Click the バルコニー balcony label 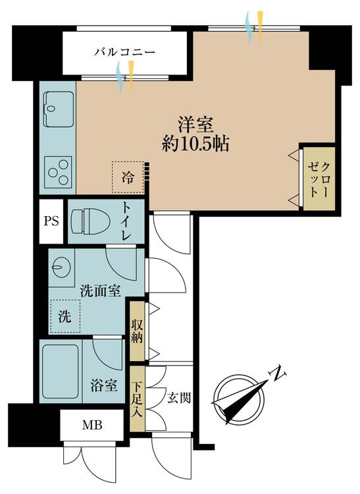click(124, 51)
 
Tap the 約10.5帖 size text click(195, 145)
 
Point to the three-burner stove click(58, 172)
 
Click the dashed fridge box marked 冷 click(128, 177)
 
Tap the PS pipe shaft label click(51, 221)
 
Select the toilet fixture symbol click(90, 221)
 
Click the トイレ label click(126, 221)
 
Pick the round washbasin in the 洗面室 click(61, 268)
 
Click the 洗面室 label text click(101, 290)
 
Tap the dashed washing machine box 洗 click(65, 316)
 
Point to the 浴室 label click(104, 385)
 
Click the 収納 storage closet click(137, 331)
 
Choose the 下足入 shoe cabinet click(137, 398)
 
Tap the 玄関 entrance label click(179, 398)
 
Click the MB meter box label click(92, 425)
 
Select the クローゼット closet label click(319, 180)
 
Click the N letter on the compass click(278, 374)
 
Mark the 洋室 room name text click(195, 124)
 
